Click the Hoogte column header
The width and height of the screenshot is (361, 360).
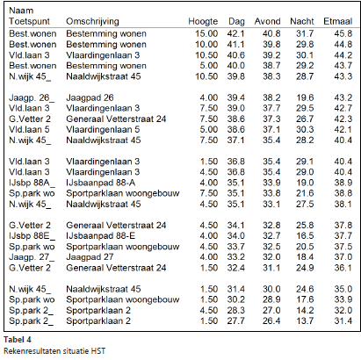203,21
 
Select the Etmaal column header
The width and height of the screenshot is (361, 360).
337,21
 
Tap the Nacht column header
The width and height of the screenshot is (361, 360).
302,21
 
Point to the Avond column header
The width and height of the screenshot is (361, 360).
267,21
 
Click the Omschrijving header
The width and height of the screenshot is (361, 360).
92,21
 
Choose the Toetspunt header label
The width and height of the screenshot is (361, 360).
29,21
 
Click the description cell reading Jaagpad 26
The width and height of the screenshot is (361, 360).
90,97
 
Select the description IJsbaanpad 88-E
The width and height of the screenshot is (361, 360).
101,235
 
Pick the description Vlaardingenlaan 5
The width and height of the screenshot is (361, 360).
103,129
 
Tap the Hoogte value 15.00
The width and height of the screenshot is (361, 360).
206,33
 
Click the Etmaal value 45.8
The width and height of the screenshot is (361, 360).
343,33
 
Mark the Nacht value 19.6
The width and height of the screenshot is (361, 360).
305,97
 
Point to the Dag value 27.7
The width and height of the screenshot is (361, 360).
235,320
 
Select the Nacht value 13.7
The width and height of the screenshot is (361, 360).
305,320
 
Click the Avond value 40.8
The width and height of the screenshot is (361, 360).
271,33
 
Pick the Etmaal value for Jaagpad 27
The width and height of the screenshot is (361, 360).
343,257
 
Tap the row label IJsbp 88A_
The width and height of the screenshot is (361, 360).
32,183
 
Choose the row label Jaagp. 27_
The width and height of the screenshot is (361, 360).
32,257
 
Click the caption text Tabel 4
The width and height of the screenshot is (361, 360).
18,340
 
